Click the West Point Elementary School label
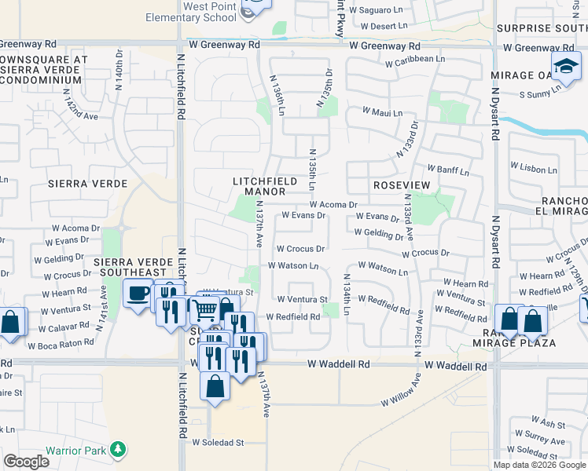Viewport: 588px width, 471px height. tap(198, 12)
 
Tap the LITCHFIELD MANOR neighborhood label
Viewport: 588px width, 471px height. tap(264, 186)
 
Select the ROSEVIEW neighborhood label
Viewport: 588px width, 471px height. tap(402, 184)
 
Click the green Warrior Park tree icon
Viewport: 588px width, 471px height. tap(118, 449)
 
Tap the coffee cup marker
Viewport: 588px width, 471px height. tap(138, 294)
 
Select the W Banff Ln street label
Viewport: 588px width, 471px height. tap(448, 170)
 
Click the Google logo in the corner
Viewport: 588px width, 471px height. tap(26, 462)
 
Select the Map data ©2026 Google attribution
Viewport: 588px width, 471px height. tap(539, 465)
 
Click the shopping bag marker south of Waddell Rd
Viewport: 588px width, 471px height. tap(214, 387)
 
